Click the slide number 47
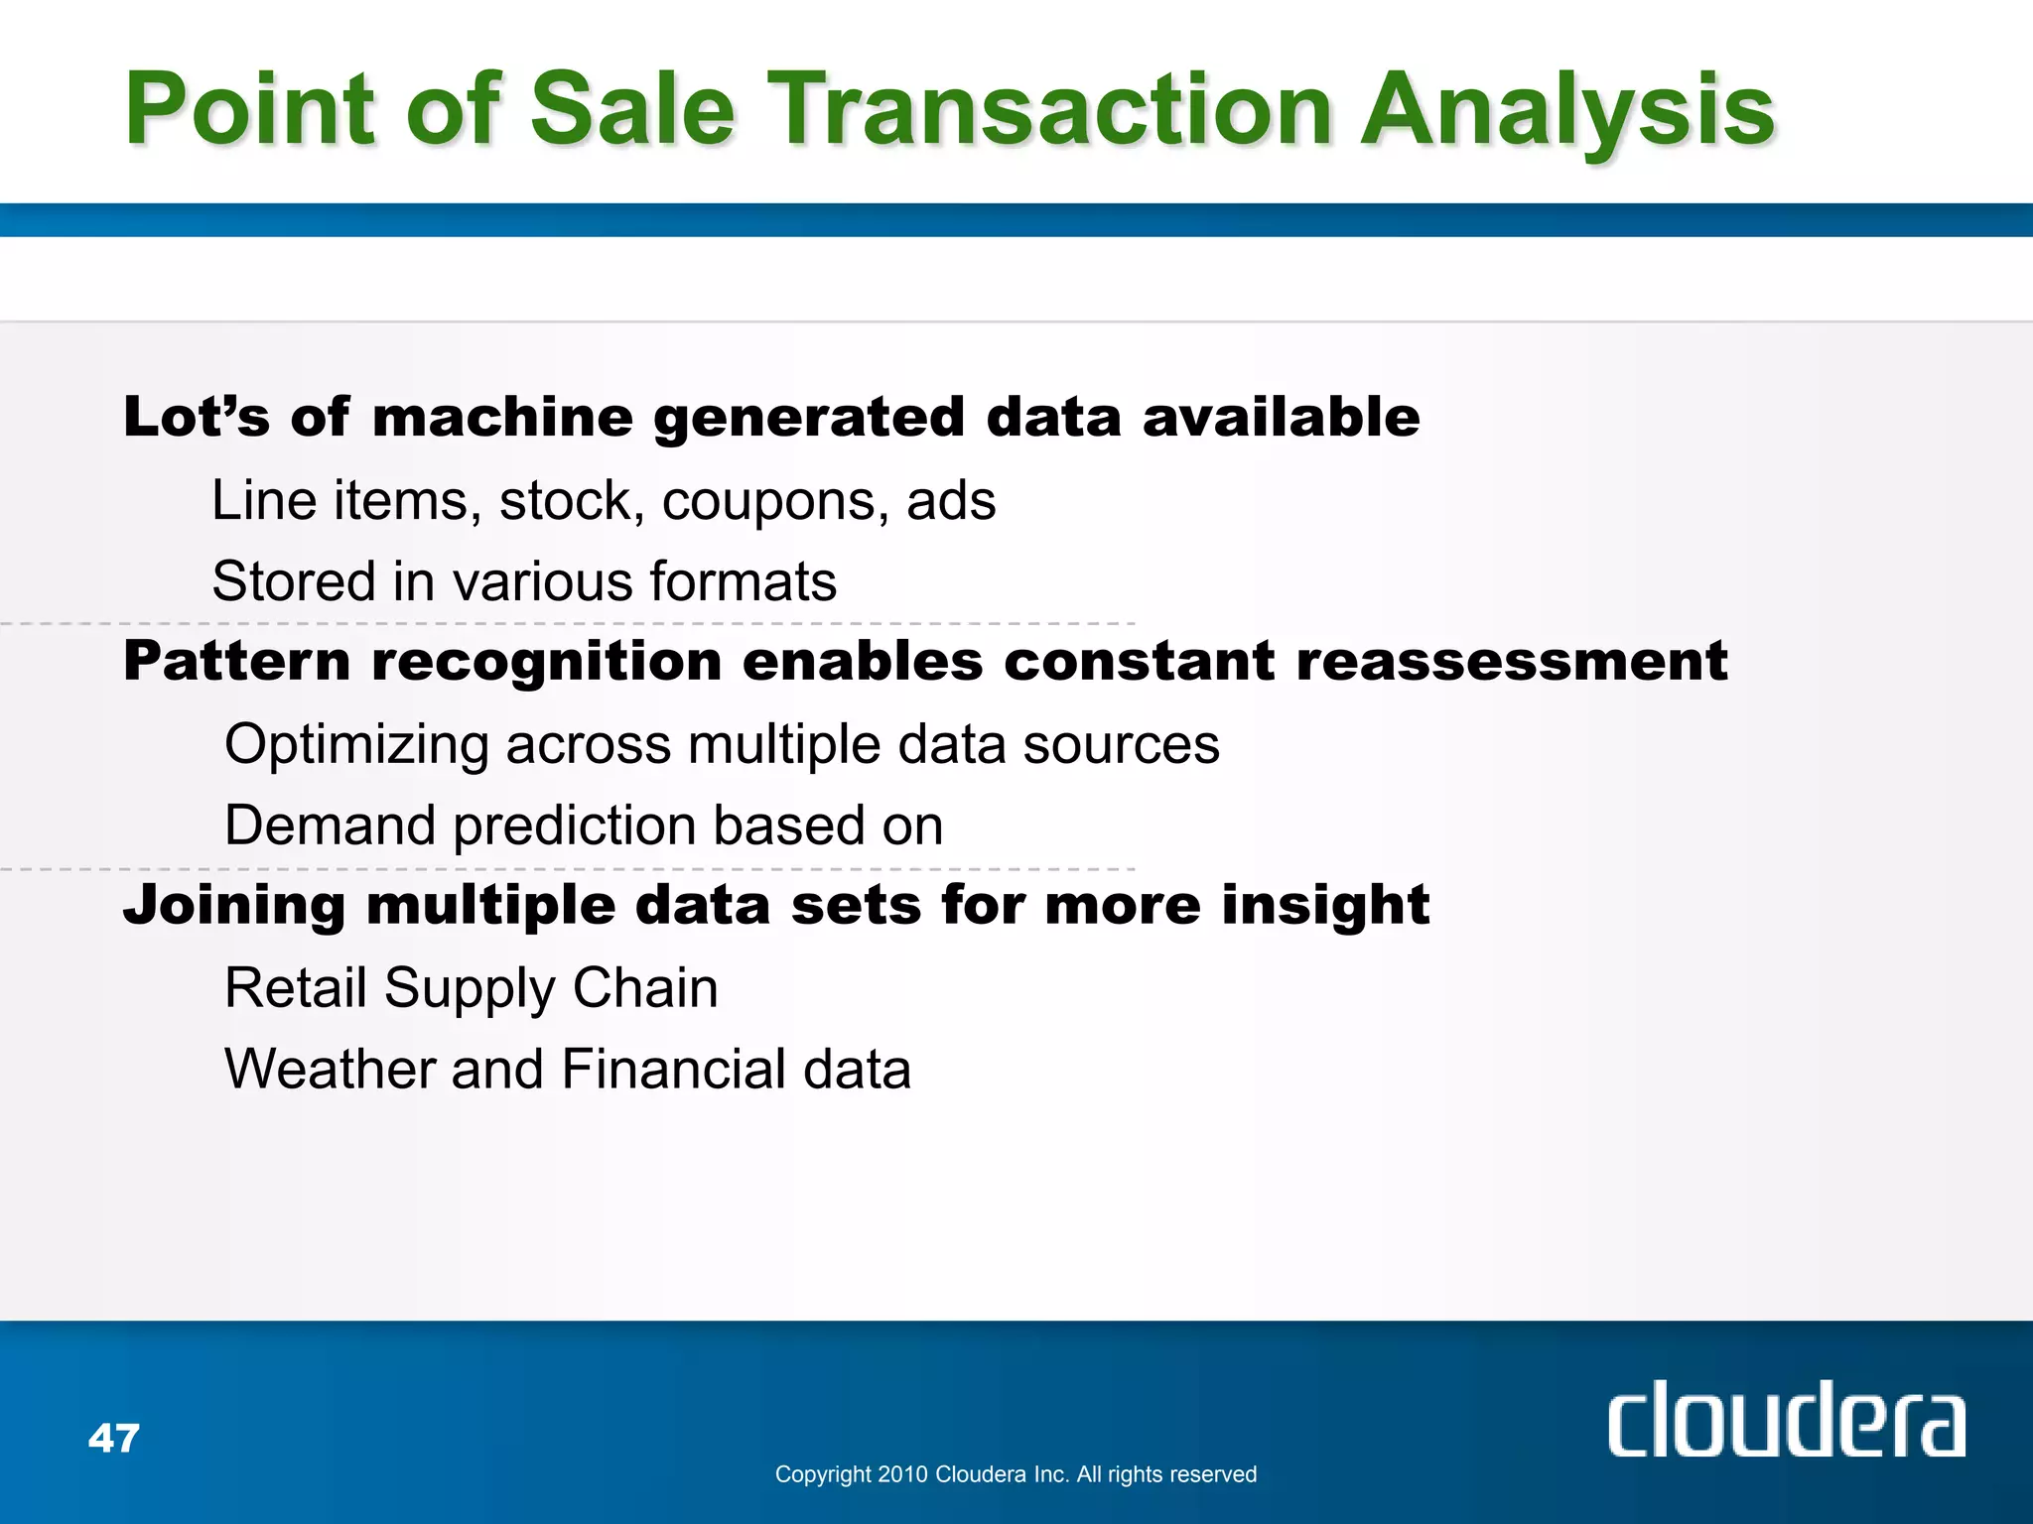tap(114, 1438)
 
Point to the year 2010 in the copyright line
tap(902, 1474)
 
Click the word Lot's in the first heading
tap(196, 416)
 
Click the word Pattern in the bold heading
tap(236, 661)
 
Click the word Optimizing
tap(356, 746)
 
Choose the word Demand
tap(330, 825)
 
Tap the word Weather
tap(330, 1070)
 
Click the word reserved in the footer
tap(1213, 1474)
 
